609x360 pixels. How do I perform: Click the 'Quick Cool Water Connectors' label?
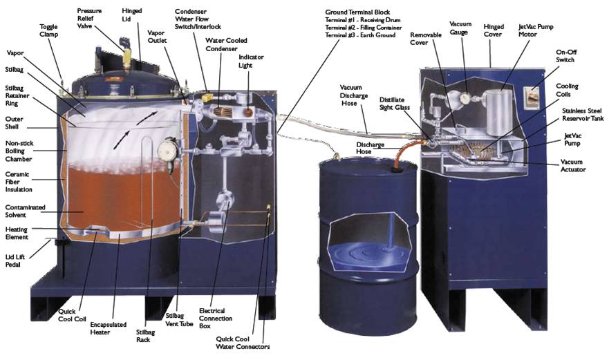pos(243,342)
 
